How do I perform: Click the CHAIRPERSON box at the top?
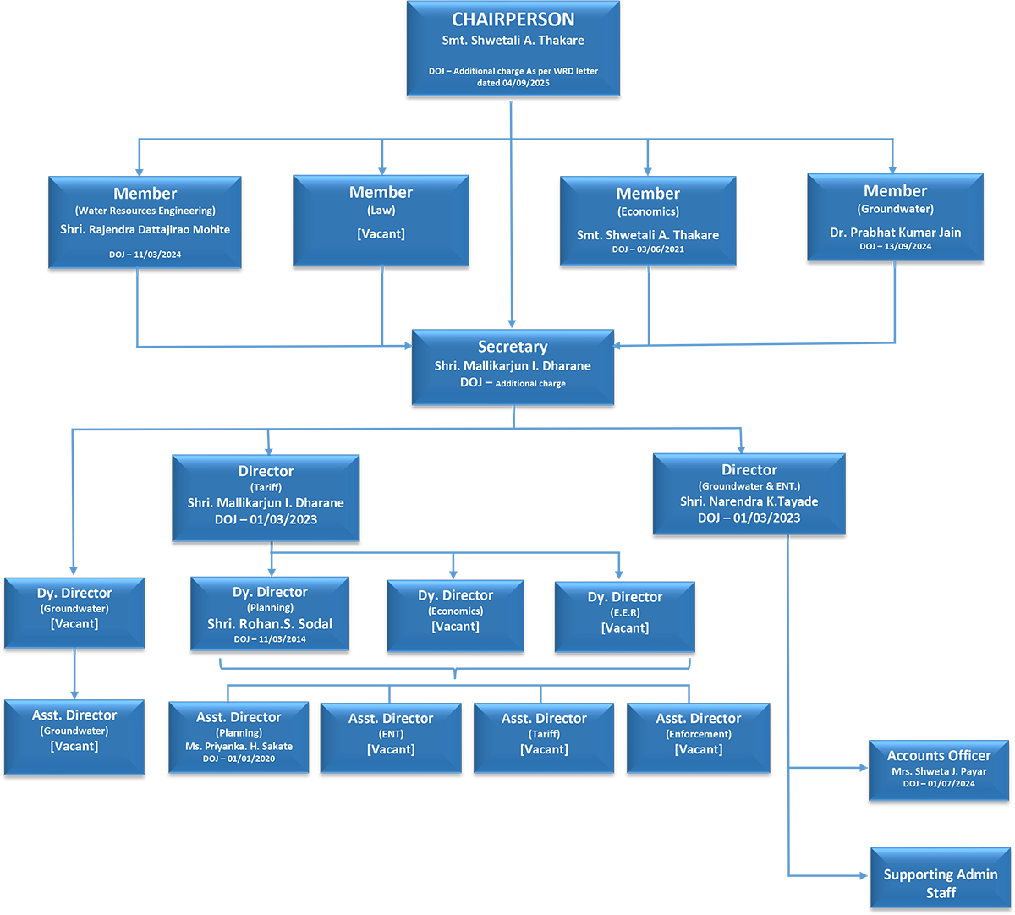(513, 48)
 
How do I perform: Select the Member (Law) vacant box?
(381, 220)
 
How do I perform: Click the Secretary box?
(513, 366)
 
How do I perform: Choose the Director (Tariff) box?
(266, 497)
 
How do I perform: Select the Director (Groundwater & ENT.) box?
(749, 495)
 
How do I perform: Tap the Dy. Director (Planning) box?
(270, 613)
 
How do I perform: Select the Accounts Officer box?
(939, 769)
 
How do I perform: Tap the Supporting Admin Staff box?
(941, 883)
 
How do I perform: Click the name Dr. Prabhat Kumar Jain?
(895, 233)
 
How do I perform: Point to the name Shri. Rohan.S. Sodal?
(270, 624)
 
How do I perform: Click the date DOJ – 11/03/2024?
(145, 254)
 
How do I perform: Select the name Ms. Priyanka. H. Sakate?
(239, 747)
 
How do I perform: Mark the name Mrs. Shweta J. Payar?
(939, 771)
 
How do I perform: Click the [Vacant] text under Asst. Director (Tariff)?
(544, 749)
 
